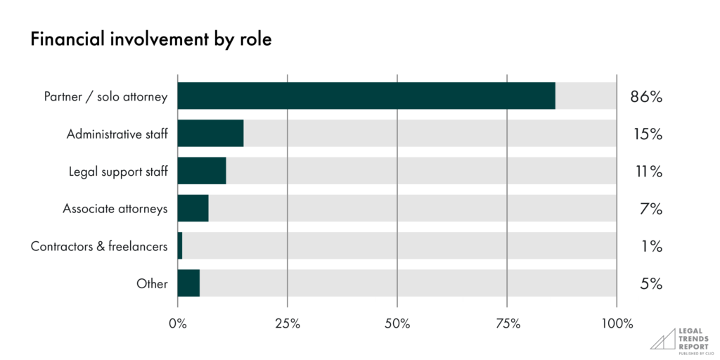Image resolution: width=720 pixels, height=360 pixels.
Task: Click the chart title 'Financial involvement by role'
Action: click(x=150, y=40)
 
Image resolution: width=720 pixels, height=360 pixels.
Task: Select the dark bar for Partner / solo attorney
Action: click(x=366, y=96)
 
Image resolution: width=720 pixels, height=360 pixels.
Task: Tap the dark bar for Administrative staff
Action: click(x=210, y=133)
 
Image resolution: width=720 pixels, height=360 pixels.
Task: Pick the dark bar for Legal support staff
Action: click(x=202, y=171)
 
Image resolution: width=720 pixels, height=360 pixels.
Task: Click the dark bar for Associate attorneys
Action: click(x=193, y=208)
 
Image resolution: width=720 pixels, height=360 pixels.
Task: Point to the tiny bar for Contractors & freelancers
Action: click(x=180, y=246)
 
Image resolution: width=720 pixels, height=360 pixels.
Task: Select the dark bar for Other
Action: click(x=188, y=283)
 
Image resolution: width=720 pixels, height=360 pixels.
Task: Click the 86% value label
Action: click(x=646, y=96)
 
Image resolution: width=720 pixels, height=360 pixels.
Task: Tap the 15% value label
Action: click(x=646, y=134)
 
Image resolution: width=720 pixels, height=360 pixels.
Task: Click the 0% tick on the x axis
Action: click(x=178, y=324)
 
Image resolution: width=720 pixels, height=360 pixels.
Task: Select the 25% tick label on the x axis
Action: click(x=288, y=324)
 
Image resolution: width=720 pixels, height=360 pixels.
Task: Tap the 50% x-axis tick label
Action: click(x=397, y=324)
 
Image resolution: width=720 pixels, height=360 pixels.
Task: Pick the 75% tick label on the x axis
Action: click(x=507, y=324)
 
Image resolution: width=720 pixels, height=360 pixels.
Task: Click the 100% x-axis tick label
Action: click(x=617, y=324)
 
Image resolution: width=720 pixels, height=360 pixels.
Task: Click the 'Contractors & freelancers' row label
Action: click(x=99, y=247)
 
